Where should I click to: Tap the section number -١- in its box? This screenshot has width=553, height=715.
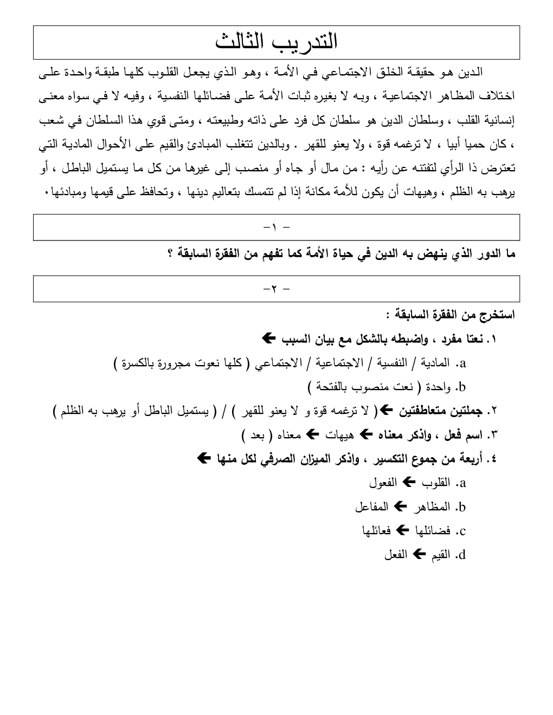click(x=276, y=227)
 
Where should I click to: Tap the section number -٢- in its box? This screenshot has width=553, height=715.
click(x=276, y=289)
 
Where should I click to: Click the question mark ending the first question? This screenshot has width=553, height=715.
click(x=171, y=255)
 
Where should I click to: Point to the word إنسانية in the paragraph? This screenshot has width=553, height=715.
click(x=496, y=120)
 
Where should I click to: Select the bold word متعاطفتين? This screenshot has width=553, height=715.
click(x=421, y=411)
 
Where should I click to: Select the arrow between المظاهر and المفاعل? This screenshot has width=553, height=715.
click(x=399, y=506)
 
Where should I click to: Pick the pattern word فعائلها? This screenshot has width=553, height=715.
click(x=377, y=531)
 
